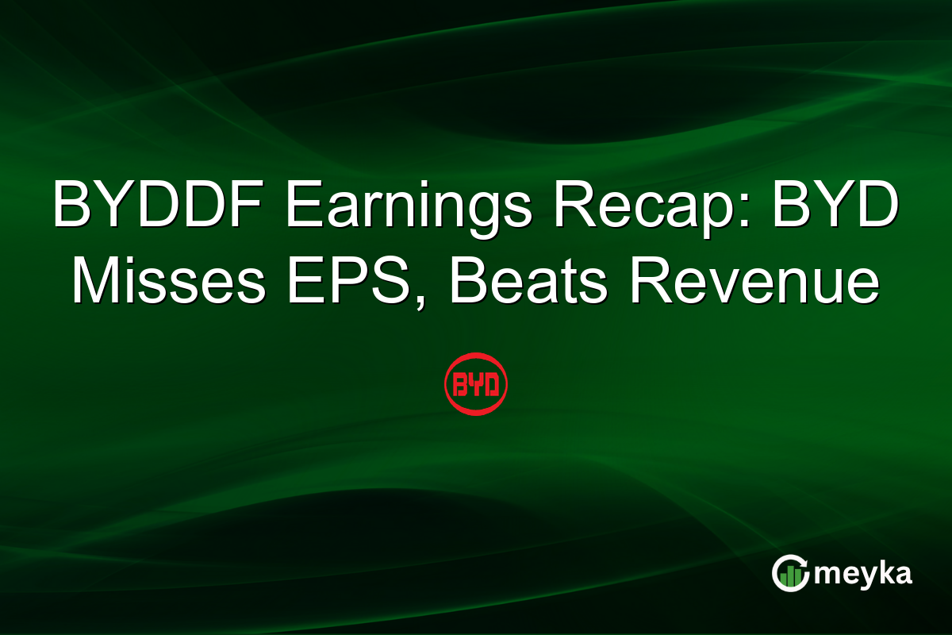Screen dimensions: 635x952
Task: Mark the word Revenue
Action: [754, 282]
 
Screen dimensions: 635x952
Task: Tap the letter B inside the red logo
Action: [460, 386]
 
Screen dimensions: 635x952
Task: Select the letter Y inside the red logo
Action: [475, 386]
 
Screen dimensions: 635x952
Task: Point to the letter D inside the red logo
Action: [491, 386]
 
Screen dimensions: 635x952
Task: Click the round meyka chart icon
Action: [791, 573]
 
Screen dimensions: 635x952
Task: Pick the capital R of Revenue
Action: [648, 282]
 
